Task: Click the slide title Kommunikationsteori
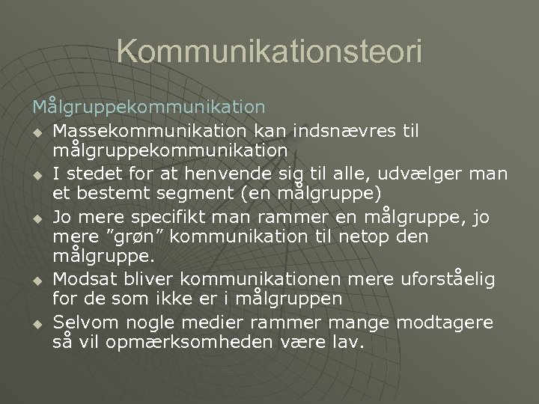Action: pos(269,53)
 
